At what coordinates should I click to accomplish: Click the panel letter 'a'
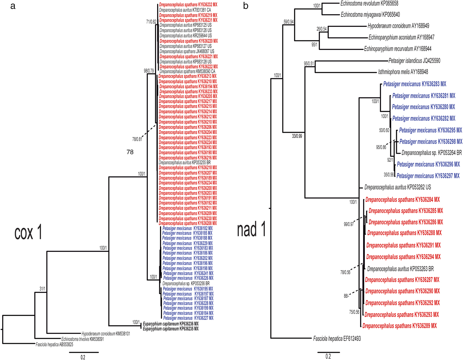coord(13,6)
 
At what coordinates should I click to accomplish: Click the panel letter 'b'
coord(245,6)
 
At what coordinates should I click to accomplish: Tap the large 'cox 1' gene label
coord(28,233)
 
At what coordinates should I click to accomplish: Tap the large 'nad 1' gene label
coord(252,229)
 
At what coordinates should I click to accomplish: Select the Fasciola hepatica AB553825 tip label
coord(54,344)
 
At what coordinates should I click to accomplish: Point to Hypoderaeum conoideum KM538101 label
coord(105,334)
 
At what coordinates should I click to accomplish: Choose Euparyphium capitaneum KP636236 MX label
coord(171,324)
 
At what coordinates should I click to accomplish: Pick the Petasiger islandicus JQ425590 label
coord(414,61)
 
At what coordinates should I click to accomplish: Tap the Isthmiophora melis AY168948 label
coord(403,72)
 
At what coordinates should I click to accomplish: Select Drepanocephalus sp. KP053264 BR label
coord(431,153)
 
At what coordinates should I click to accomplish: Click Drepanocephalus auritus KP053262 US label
coord(398,187)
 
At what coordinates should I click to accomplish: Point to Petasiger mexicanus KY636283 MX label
coord(414,84)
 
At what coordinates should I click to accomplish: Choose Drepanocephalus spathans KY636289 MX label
coord(400,326)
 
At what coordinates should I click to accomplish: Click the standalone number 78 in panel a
coord(130,152)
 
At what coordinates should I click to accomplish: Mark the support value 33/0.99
coord(297,136)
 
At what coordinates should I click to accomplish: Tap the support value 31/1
coord(42,289)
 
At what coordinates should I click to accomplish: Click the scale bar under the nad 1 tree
coord(328,352)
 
